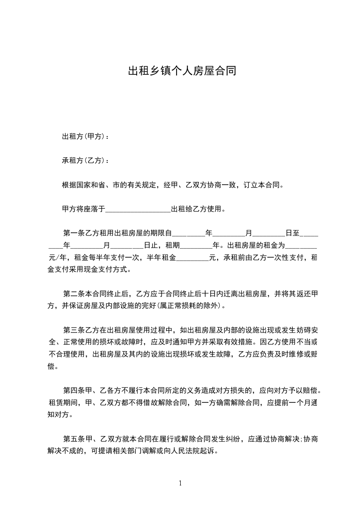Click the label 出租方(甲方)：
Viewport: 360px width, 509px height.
click(x=85, y=137)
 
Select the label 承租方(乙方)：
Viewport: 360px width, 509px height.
click(x=85, y=161)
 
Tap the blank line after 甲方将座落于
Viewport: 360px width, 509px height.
click(x=138, y=210)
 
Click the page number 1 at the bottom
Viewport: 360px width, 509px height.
click(x=180, y=483)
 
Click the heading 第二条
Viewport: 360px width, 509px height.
click(x=73, y=294)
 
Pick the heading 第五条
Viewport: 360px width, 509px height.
click(x=73, y=439)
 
